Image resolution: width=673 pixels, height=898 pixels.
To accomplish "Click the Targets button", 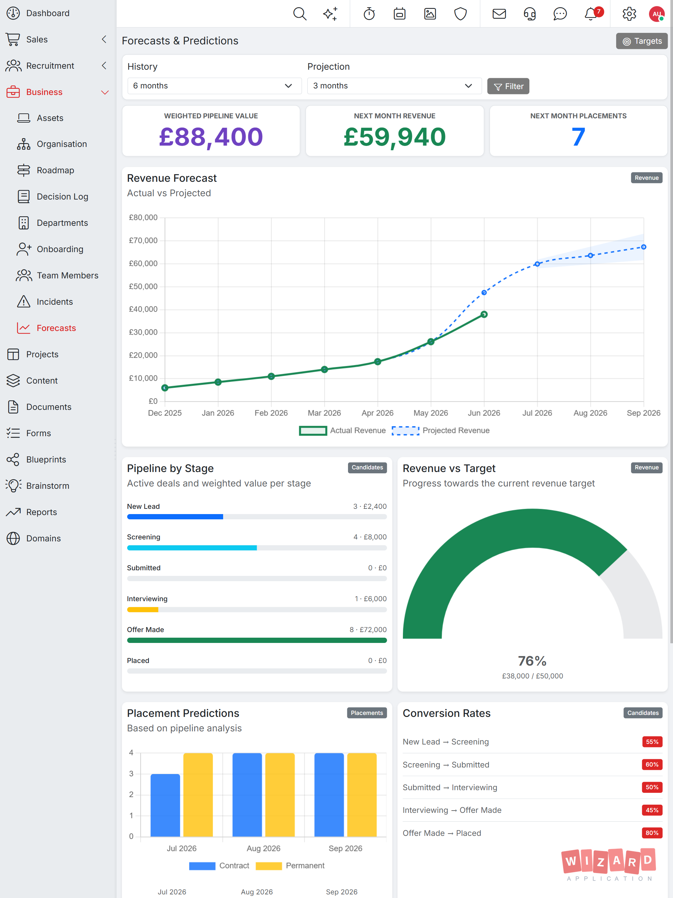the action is coord(641,41).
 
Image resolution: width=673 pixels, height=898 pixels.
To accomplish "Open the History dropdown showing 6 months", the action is coord(214,86).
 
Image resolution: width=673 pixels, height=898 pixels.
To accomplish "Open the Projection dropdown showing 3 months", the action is coord(394,86).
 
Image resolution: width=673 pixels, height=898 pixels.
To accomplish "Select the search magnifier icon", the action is coord(300,14).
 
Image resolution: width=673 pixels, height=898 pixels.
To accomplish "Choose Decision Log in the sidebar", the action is coord(62,197).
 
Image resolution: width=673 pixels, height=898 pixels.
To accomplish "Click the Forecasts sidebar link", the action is coord(56,328).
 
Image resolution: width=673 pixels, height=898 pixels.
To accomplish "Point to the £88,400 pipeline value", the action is coord(211,137).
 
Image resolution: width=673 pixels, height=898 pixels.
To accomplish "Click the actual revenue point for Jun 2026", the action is coord(484,314).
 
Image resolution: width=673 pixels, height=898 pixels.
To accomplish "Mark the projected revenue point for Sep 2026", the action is coord(643,247).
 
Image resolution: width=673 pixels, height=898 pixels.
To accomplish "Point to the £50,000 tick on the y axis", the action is coord(143,287).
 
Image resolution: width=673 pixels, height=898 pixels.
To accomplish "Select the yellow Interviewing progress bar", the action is coord(143,609).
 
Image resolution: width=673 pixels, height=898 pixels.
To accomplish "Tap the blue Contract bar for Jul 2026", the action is coord(165,805).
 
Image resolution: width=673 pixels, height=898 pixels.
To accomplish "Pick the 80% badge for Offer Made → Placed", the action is coord(652,833).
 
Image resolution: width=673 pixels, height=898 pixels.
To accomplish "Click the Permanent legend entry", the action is coord(290,865).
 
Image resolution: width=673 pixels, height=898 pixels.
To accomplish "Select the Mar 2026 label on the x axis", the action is coord(324,413).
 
